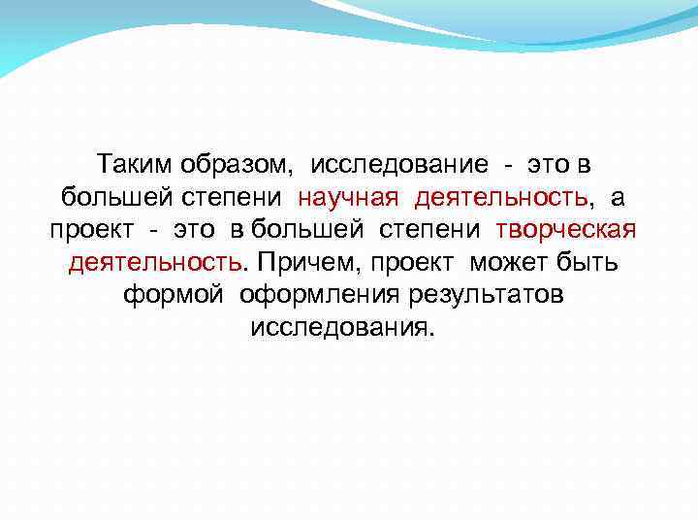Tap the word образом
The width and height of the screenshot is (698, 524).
(x=236, y=165)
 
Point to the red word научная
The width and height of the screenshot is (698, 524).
(x=348, y=197)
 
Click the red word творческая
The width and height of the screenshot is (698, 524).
(x=566, y=230)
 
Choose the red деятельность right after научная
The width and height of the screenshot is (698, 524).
(x=501, y=197)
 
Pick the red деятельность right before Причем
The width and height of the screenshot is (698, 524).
(x=155, y=262)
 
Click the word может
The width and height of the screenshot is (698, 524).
(x=511, y=262)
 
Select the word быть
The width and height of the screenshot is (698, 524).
(x=591, y=262)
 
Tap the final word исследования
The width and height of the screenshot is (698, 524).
(x=342, y=327)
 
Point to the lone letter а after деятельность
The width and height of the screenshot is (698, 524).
(x=618, y=197)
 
